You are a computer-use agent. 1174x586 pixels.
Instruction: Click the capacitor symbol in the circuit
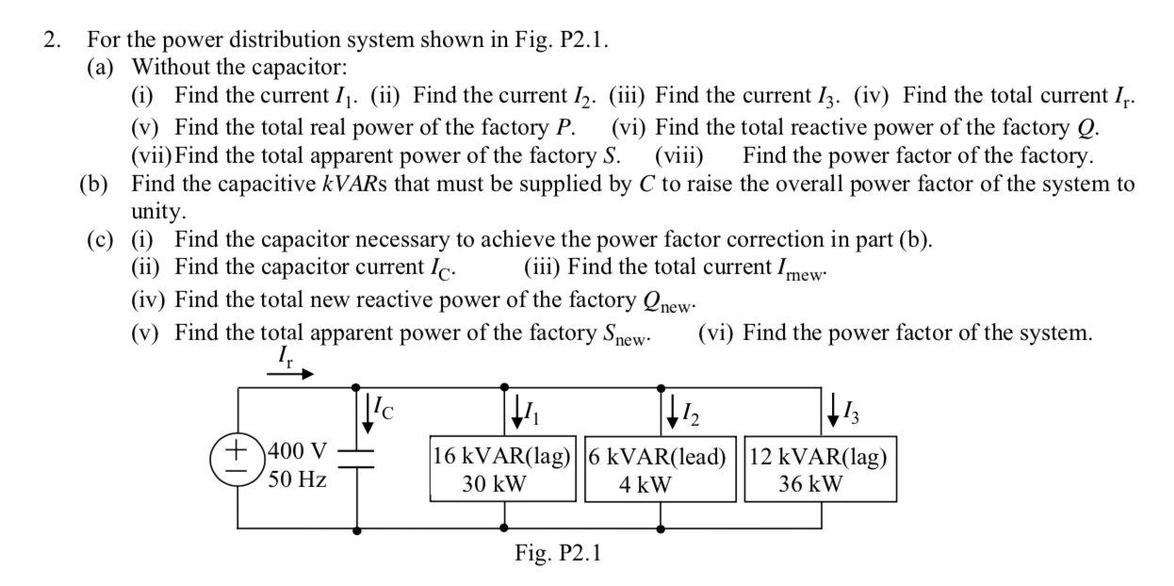click(x=356, y=459)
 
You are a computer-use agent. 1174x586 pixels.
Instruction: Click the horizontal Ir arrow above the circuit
click(x=290, y=373)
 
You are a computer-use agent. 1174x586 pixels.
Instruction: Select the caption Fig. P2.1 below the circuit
click(x=556, y=553)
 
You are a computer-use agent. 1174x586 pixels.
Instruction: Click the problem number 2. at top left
click(x=54, y=40)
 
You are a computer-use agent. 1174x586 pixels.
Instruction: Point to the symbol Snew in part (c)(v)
click(x=623, y=334)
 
